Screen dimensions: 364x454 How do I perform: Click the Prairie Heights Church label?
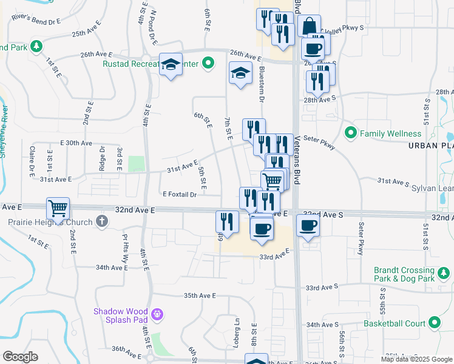click(x=50, y=222)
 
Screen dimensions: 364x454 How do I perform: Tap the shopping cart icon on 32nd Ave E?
click(x=58, y=208)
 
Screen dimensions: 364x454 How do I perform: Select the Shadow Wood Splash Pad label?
click(x=121, y=315)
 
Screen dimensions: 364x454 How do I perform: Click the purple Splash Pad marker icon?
click(x=158, y=314)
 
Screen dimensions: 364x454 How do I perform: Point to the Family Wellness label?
click(x=390, y=133)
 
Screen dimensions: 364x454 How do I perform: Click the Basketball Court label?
click(x=395, y=323)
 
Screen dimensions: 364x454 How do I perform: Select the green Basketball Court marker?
click(x=435, y=323)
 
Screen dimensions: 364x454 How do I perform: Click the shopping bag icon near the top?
click(x=309, y=26)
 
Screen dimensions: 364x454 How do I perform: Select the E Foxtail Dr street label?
click(x=179, y=195)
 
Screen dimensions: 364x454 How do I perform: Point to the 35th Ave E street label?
click(x=200, y=295)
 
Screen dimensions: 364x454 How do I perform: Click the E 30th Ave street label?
click(x=76, y=143)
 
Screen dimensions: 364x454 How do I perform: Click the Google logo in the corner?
click(x=20, y=357)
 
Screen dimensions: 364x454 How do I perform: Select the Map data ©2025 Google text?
click(x=416, y=359)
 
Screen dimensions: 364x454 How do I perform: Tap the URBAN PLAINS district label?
click(x=430, y=146)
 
